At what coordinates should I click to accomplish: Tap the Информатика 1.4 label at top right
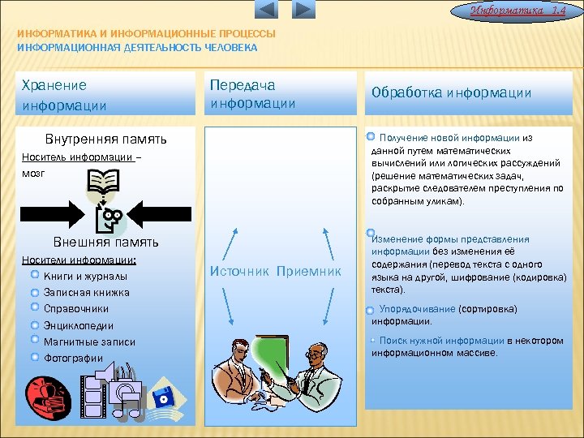[523, 9]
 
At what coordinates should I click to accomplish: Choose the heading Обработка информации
[451, 92]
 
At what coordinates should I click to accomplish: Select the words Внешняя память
[105, 243]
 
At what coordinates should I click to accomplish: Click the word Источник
[239, 271]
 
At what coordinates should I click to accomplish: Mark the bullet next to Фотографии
[35, 357]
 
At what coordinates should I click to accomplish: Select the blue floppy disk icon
[165, 397]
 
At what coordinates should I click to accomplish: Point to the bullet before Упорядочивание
[369, 310]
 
